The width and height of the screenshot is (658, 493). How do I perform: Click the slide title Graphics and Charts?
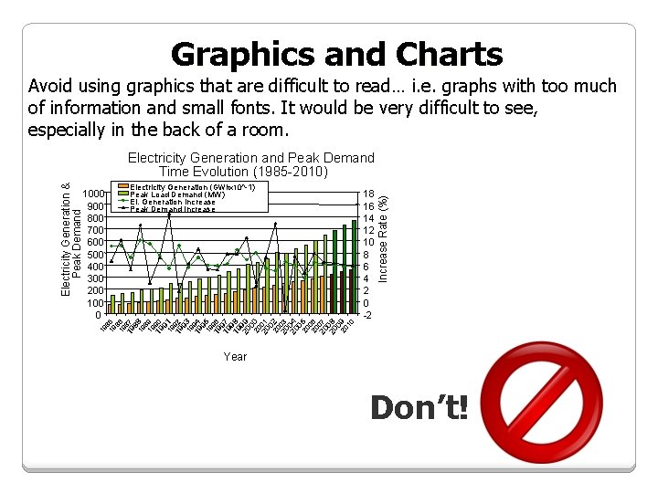336,55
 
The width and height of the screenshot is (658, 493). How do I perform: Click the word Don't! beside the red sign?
419,408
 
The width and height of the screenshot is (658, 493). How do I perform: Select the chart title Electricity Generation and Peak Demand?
250,158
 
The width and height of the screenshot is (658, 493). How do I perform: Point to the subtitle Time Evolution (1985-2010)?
243,172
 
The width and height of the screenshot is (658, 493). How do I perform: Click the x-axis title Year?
235,357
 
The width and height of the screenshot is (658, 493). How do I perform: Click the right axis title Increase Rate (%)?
384,236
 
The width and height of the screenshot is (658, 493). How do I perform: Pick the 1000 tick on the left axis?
92,194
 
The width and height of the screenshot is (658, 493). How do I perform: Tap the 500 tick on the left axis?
95,255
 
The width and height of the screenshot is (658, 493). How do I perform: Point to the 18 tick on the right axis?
368,194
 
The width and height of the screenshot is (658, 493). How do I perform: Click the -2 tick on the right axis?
367,315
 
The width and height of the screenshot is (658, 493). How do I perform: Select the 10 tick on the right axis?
368,243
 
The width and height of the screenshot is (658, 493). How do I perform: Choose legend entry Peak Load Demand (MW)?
177,194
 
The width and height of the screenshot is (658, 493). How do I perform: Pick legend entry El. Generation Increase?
173,202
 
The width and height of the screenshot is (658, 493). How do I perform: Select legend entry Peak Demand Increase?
173,209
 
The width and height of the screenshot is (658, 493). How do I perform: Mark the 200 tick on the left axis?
95,290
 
